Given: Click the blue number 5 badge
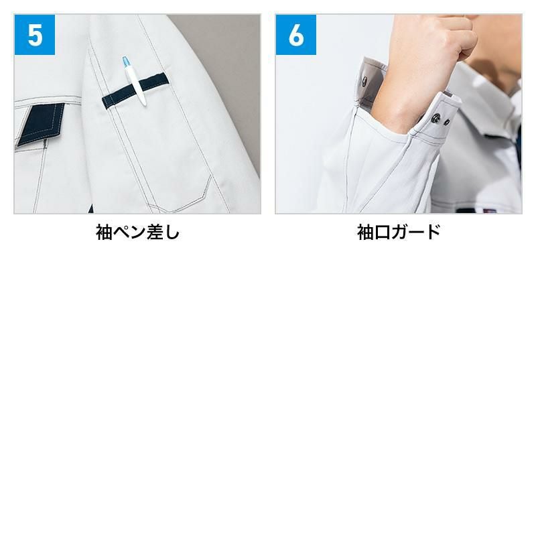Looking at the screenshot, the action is coord(35,35).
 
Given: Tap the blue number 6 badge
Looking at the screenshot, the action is coord(296,35).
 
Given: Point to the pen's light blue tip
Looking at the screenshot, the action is coord(125,62).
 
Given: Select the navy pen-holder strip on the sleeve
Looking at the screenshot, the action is coord(135,90).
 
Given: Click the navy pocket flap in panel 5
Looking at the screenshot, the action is coord(40,124).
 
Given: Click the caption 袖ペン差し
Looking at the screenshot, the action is coord(137,232).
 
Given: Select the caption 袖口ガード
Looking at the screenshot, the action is coord(399,232).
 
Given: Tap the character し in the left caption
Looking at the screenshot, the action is coord(172,232).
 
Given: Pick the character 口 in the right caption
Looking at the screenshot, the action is coord(382,232).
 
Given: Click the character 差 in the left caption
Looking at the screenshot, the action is coord(155,232).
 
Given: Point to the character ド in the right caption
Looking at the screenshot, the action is coord(433,232).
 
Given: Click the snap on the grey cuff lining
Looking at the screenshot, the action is coord(364,81).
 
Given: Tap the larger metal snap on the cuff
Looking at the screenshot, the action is coord(436,119).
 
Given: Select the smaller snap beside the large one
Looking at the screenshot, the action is coord(446,122).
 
